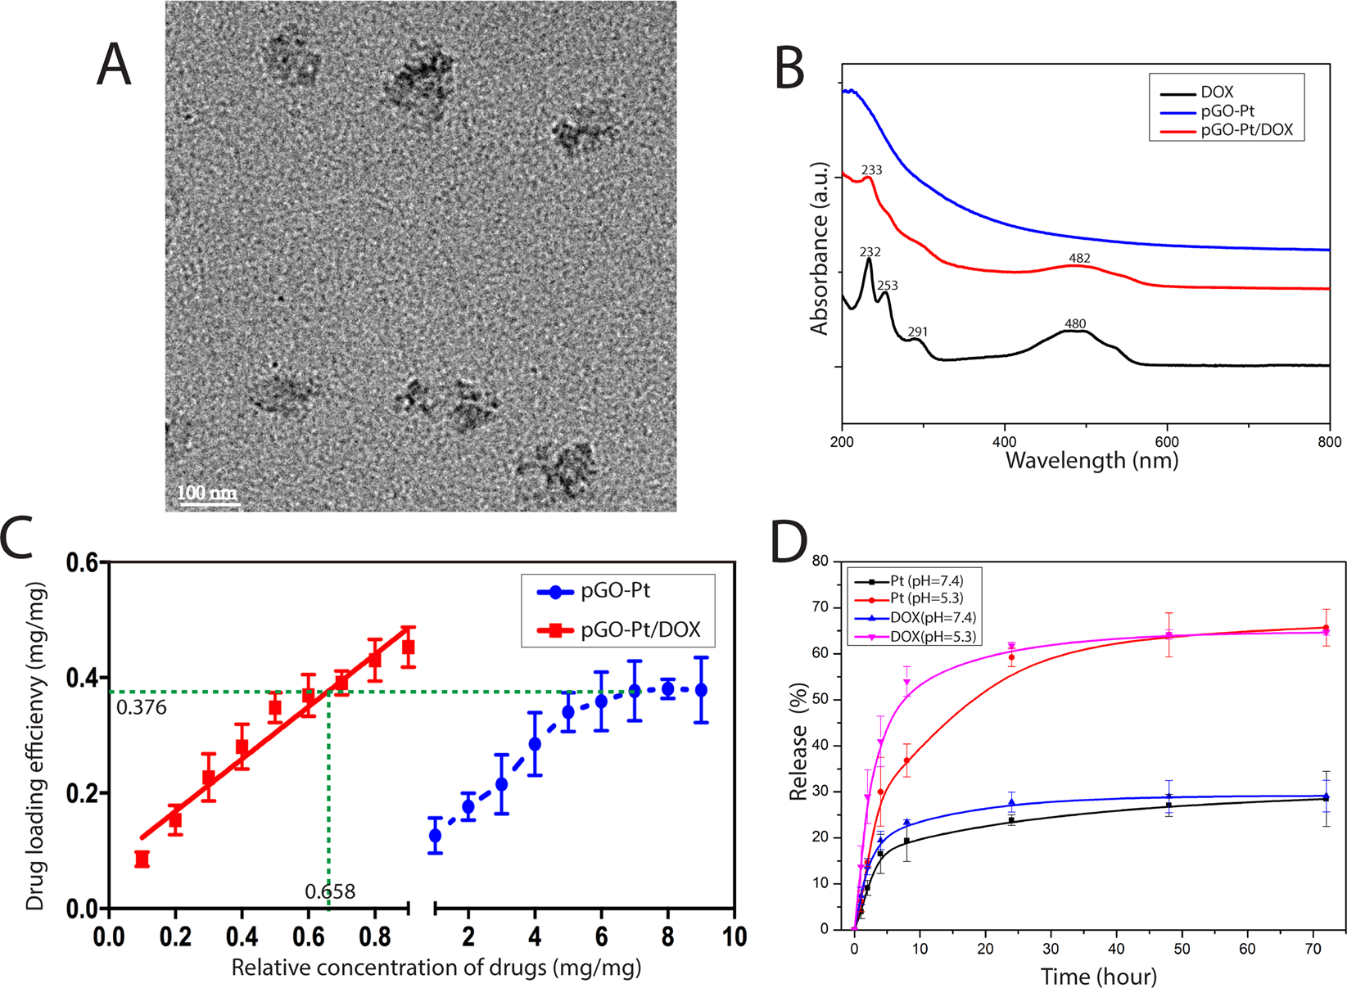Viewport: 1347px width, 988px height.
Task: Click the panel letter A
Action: point(114,65)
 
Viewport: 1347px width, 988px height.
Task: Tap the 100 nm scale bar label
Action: point(207,492)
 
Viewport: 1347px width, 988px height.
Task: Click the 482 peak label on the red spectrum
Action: point(1079,258)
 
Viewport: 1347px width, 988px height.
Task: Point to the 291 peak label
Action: point(917,332)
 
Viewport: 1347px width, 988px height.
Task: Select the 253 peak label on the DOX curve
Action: point(888,286)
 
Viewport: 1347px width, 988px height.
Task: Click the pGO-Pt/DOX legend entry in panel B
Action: point(1246,130)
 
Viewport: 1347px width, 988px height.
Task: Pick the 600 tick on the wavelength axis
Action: point(1167,442)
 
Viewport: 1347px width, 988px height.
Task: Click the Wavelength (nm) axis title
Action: point(1092,461)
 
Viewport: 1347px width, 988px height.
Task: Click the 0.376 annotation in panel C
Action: point(142,708)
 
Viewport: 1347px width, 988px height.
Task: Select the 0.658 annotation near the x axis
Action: point(330,891)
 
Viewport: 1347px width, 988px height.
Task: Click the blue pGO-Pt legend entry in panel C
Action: point(615,591)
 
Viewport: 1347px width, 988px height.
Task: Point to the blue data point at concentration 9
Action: point(701,690)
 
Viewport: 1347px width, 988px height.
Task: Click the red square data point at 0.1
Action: point(142,859)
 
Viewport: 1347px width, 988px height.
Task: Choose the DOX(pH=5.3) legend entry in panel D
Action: point(933,636)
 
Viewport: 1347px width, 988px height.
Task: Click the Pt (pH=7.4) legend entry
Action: point(926,581)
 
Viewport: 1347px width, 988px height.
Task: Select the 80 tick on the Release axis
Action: point(820,562)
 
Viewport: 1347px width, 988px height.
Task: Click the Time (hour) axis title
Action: point(1099,976)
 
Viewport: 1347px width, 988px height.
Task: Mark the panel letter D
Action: point(789,541)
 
